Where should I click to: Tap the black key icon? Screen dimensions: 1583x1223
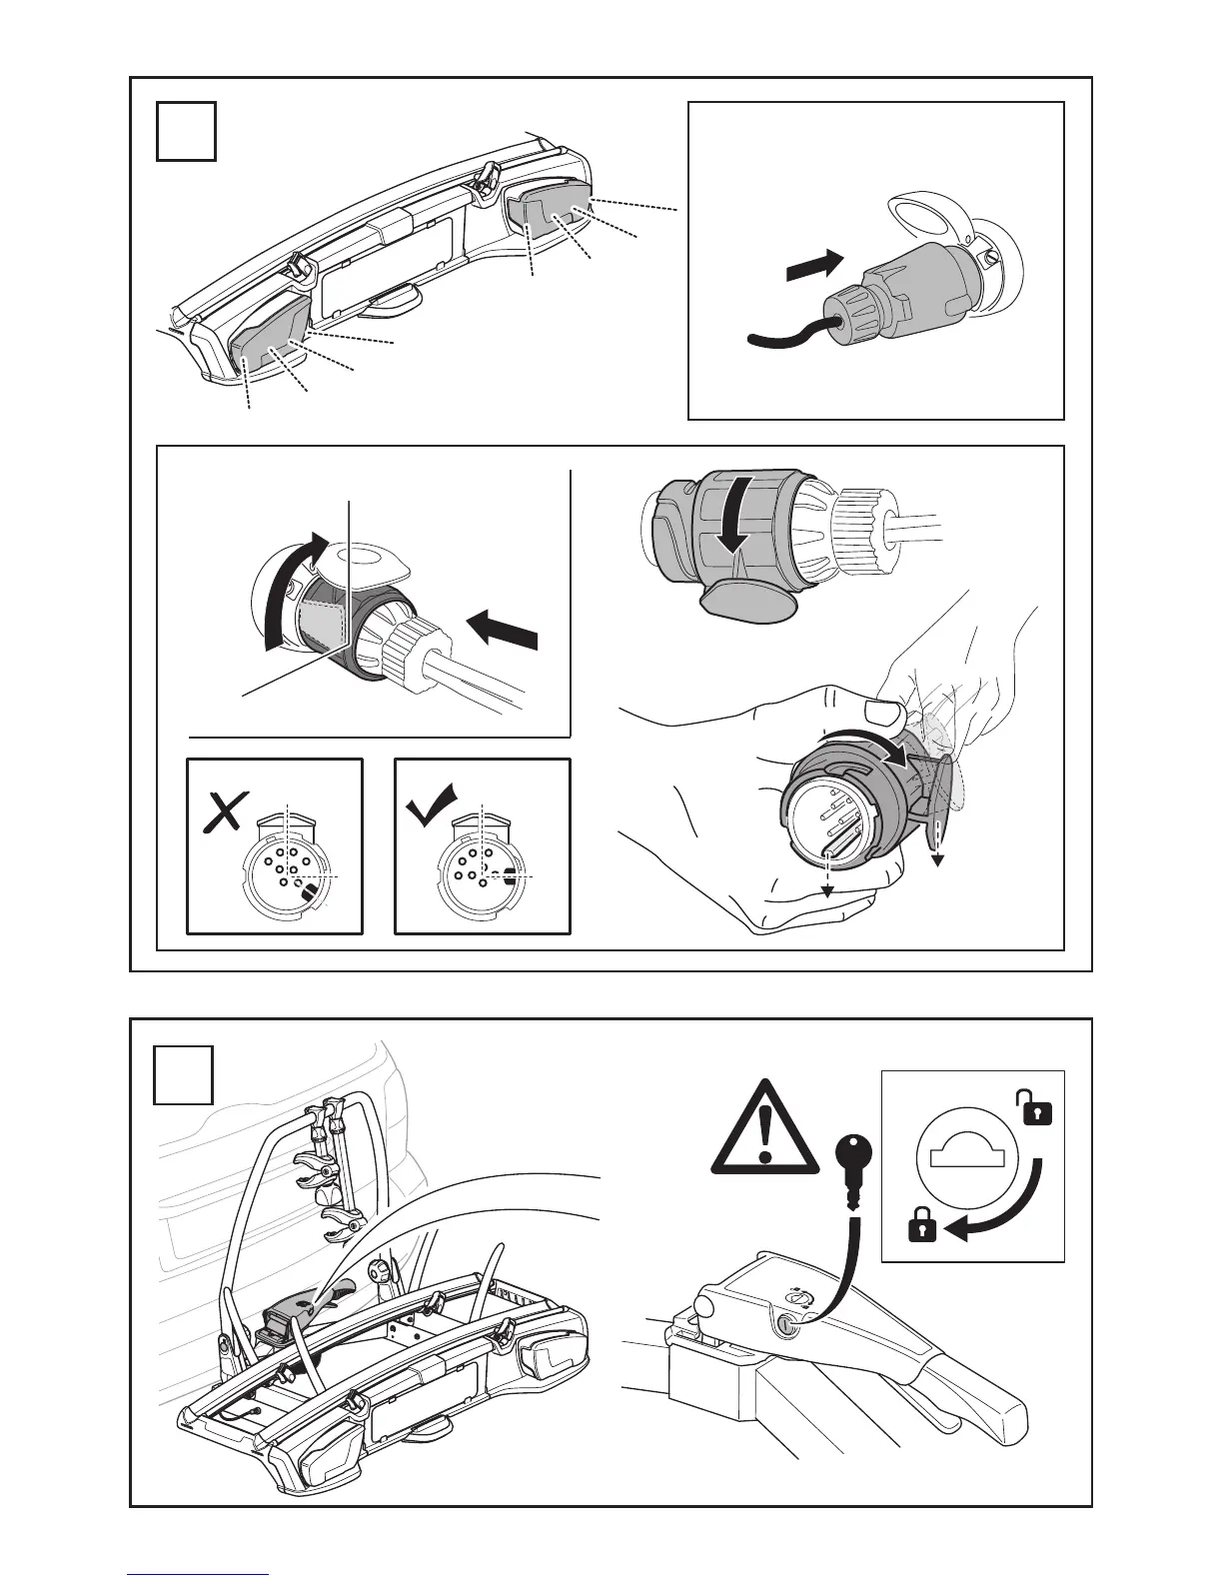[852, 1163]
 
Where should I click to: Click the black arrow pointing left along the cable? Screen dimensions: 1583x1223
[503, 633]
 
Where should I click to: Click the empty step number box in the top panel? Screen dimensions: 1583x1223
[186, 131]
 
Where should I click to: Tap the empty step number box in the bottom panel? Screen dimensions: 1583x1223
[183, 1075]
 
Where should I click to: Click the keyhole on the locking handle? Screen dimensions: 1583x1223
[786, 1325]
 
